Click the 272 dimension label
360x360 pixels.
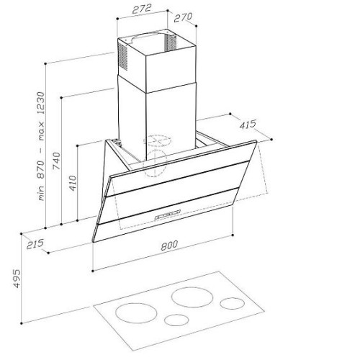142,9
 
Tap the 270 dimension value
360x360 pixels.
183,17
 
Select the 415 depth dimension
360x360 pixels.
248,125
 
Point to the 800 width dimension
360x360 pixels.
169,246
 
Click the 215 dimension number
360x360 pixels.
35,244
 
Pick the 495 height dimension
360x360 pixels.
17,279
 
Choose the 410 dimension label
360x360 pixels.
73,184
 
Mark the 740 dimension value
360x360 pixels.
57,161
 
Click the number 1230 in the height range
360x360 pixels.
41,103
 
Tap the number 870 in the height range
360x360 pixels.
41,170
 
